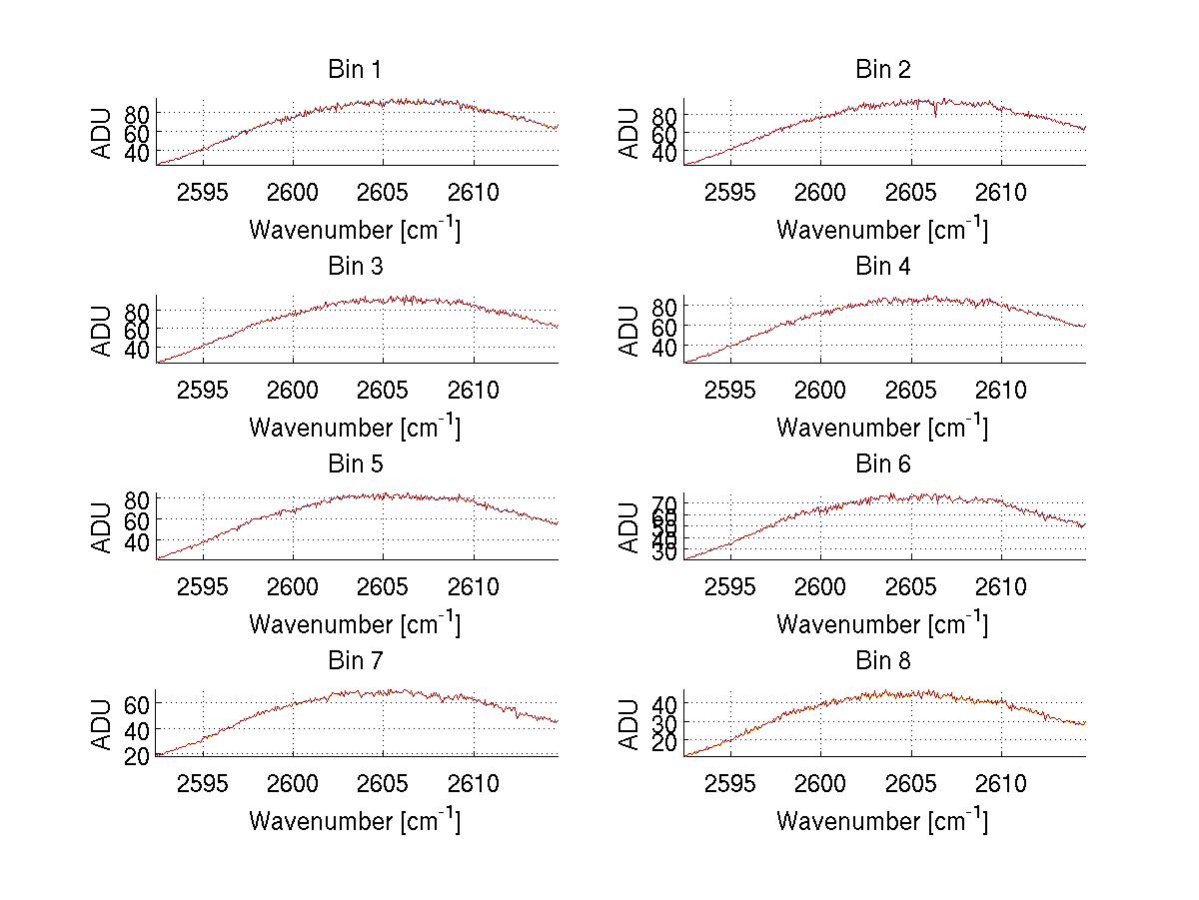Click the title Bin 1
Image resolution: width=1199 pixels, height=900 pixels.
[x=355, y=70]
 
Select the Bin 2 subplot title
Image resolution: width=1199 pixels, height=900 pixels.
[x=883, y=70]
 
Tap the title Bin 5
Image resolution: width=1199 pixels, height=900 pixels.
[x=355, y=464]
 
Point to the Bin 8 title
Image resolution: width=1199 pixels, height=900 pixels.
[x=883, y=661]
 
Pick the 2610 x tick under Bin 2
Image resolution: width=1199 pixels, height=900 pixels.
[x=1001, y=193]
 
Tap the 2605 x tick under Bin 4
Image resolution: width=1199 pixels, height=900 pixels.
[x=911, y=390]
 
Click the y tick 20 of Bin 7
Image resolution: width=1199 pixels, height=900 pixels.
[x=136, y=756]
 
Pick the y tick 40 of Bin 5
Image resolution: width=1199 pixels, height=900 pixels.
[x=136, y=541]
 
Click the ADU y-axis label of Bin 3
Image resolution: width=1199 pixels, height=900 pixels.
[x=102, y=330]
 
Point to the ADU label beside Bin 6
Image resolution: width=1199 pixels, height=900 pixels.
[x=629, y=526]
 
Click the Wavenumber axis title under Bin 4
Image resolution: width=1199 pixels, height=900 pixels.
[x=882, y=427]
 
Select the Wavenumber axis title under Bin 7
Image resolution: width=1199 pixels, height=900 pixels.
[x=355, y=821]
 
